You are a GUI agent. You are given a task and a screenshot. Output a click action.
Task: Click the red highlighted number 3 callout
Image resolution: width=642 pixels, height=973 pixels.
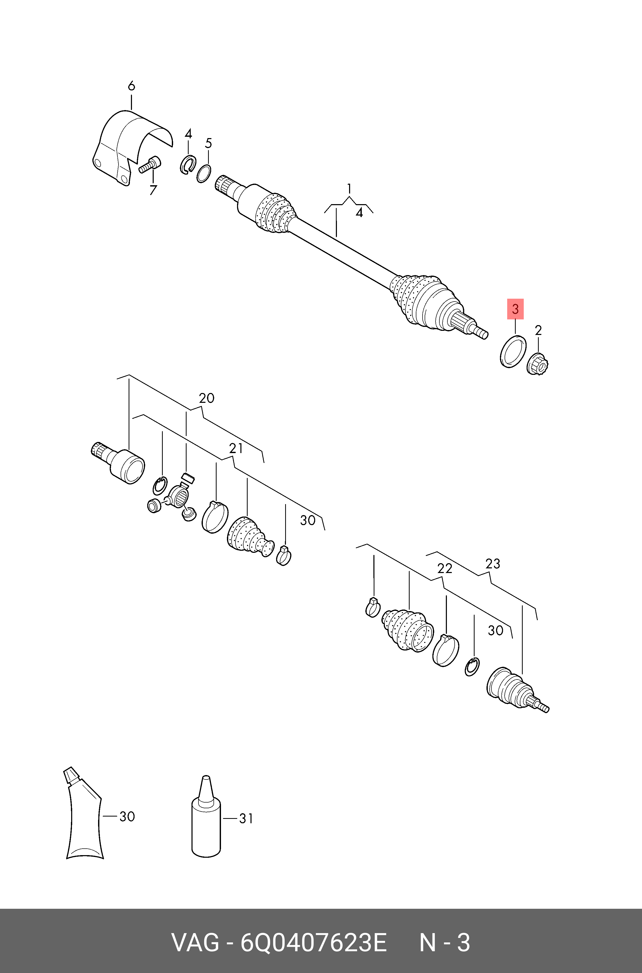click(515, 309)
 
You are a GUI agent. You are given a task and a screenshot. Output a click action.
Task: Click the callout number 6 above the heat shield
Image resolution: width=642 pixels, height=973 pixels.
click(131, 86)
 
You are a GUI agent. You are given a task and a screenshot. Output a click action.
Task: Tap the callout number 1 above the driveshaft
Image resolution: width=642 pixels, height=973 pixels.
click(349, 189)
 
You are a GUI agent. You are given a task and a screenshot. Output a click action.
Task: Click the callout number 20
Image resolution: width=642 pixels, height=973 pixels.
click(206, 398)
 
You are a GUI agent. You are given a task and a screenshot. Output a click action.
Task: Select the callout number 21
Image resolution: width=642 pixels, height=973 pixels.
click(236, 448)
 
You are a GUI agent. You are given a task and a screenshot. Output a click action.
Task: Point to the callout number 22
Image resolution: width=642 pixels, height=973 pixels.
click(445, 568)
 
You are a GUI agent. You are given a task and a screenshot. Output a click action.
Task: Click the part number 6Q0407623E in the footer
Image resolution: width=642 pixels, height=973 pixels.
click(313, 943)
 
